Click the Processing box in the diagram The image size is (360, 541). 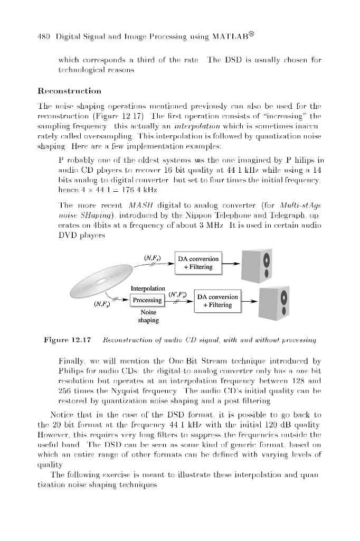147,300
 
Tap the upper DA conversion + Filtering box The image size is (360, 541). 198,263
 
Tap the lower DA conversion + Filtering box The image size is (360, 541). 216,301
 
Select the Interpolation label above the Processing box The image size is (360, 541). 148,288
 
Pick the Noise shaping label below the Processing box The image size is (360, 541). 148,316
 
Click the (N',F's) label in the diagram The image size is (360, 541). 176,294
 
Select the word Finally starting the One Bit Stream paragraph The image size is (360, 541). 71,361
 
